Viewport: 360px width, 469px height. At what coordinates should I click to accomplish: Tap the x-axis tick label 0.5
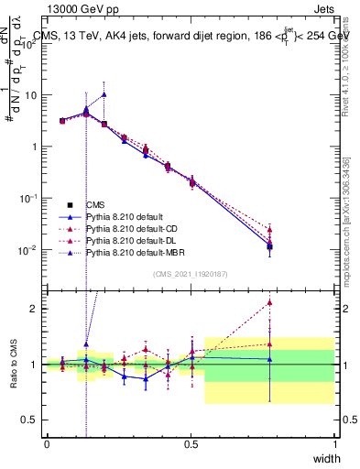tap(191, 445)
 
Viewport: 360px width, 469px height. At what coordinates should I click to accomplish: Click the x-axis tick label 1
tap(334, 445)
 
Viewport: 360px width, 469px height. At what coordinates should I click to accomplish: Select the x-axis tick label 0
tap(47, 445)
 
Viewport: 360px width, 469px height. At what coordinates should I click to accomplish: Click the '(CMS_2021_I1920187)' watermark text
tap(191, 274)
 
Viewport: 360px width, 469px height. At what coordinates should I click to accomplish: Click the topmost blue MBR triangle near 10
tap(104, 93)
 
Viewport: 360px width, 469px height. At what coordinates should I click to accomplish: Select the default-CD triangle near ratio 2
tap(269, 302)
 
